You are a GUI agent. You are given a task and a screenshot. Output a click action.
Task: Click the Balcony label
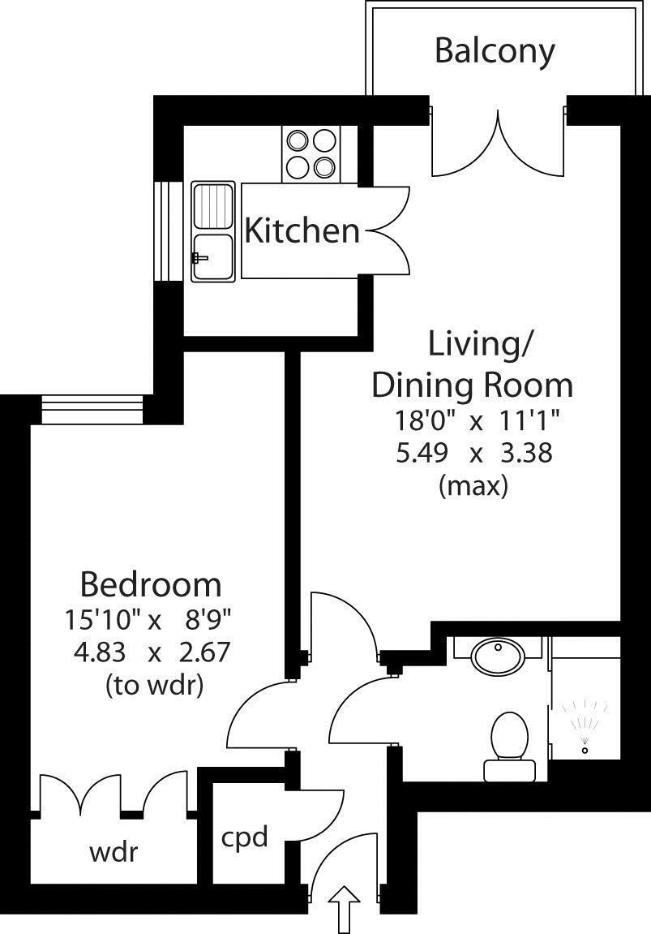pos(495,50)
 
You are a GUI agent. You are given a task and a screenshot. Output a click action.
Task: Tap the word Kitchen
pos(302,231)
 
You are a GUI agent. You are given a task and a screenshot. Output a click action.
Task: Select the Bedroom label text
pos(150,583)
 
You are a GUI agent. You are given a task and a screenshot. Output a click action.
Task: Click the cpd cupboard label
pos(244,837)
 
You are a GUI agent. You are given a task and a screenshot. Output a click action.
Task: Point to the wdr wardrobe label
pos(113,853)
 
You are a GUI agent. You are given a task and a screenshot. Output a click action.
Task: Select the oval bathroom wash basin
pos(497,656)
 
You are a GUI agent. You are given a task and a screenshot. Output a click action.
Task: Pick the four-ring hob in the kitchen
pos(311,154)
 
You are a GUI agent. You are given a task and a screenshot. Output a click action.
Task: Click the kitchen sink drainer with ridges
pos(212,206)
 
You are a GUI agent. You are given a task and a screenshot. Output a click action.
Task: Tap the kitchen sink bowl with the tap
pos(212,257)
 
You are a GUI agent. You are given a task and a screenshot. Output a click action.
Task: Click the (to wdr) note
pos(154,685)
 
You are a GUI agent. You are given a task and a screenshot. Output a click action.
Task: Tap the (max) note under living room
pos(473,486)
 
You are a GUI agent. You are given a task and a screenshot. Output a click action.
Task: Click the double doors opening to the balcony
pos(497,142)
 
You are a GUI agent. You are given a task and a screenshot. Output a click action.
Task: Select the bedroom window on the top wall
pos(92,409)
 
